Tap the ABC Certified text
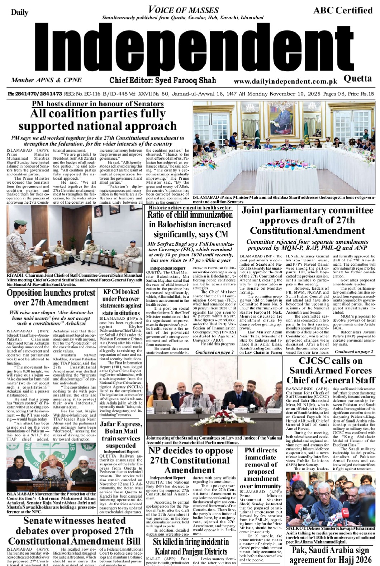coord(343,10)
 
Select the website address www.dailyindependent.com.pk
coord(286,82)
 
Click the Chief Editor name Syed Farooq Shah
coord(163,80)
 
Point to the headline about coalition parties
coord(98,120)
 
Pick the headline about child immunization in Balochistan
coord(190,224)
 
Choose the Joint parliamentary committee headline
coord(307,220)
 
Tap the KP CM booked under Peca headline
coord(121,302)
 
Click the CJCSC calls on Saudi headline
coord(331,370)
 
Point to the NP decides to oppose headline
coord(190,460)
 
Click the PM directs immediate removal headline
coord(261,468)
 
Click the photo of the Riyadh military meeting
coord(75,238)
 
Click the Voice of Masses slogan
coord(183,10)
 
